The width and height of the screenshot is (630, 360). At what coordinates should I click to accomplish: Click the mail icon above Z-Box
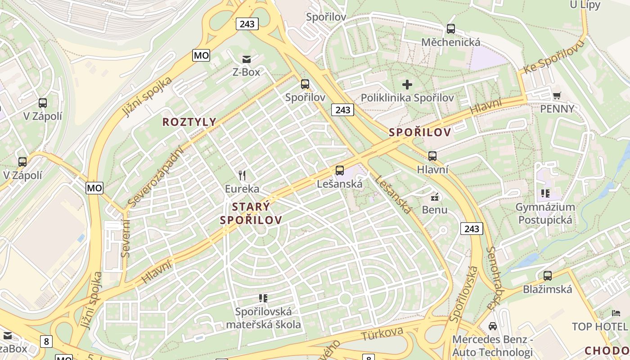[246, 59]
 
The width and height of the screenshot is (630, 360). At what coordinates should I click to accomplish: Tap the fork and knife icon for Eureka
[242, 175]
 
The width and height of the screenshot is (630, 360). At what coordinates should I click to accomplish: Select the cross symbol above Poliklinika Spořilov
[407, 84]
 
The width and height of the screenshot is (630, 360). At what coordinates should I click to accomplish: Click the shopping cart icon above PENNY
[557, 95]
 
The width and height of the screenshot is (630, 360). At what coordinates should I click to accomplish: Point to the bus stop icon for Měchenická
[450, 29]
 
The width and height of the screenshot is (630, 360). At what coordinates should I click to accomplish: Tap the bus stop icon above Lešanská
[340, 171]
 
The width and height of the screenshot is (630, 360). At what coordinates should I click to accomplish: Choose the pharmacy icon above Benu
[435, 197]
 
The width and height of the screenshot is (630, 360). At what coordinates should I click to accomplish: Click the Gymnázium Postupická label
[545, 213]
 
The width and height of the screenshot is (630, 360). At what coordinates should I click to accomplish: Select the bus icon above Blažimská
[547, 276]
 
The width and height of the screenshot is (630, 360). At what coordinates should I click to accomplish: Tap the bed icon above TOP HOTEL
[616, 313]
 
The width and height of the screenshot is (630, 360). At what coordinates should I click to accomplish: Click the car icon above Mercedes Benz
[493, 326]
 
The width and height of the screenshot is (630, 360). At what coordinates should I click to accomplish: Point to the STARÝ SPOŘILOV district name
[251, 213]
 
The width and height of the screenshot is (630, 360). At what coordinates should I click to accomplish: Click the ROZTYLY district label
[189, 122]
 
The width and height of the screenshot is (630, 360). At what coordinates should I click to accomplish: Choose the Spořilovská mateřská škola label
[263, 318]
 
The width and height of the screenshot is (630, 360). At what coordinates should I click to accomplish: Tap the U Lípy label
[579, 5]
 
